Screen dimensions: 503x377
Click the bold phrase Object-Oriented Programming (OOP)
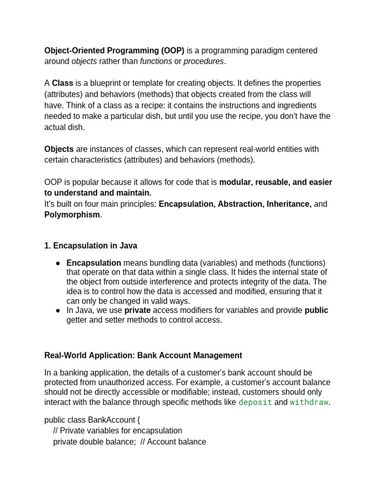(x=114, y=51)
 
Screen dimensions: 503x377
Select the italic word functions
(x=156, y=61)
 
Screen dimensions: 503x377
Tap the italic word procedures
(x=203, y=61)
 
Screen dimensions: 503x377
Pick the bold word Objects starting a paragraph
(x=59, y=149)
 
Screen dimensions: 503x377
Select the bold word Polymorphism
(x=72, y=215)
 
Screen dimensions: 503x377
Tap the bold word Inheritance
(x=289, y=204)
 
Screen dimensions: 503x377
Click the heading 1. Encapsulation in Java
(x=91, y=246)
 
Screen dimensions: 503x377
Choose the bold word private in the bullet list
(x=137, y=310)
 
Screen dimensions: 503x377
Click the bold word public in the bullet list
(x=316, y=310)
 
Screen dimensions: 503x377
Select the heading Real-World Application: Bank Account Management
(x=143, y=355)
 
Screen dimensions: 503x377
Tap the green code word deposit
(x=255, y=402)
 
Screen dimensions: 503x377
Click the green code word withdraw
(x=309, y=402)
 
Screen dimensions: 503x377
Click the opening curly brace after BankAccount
(x=137, y=420)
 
